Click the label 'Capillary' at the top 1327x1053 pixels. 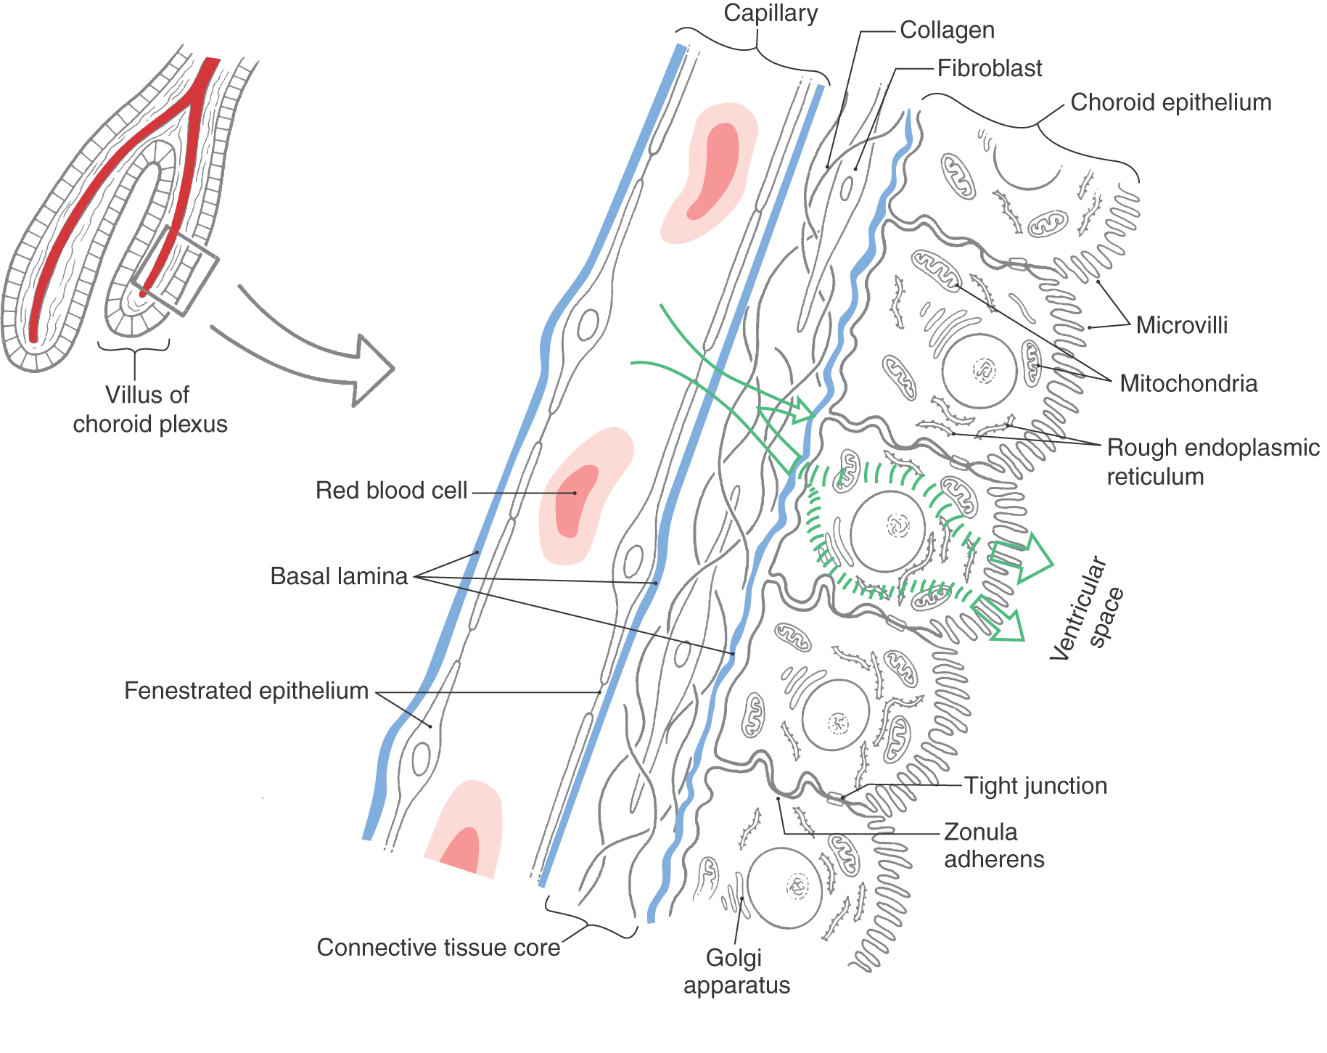[x=771, y=13]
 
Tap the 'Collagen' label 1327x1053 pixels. [x=947, y=30]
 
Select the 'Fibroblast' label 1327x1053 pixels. [x=989, y=68]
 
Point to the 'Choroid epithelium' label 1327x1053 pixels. [x=1170, y=102]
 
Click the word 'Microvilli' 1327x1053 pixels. [x=1181, y=325]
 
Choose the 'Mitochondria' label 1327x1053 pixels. [x=1188, y=383]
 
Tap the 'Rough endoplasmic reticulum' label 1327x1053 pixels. [x=1212, y=462]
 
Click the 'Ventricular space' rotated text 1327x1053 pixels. [x=1086, y=610]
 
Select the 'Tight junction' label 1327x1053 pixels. [x=1035, y=785]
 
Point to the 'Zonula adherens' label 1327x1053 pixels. [x=993, y=845]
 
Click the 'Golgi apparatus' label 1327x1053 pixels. [x=736, y=971]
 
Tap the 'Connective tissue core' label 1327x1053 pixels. [x=438, y=947]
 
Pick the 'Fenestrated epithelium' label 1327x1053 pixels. [x=246, y=691]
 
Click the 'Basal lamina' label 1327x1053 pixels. [x=339, y=576]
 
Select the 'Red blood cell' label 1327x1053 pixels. [x=391, y=491]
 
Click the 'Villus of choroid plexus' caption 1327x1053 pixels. [x=149, y=409]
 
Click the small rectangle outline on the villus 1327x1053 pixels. [x=175, y=270]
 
